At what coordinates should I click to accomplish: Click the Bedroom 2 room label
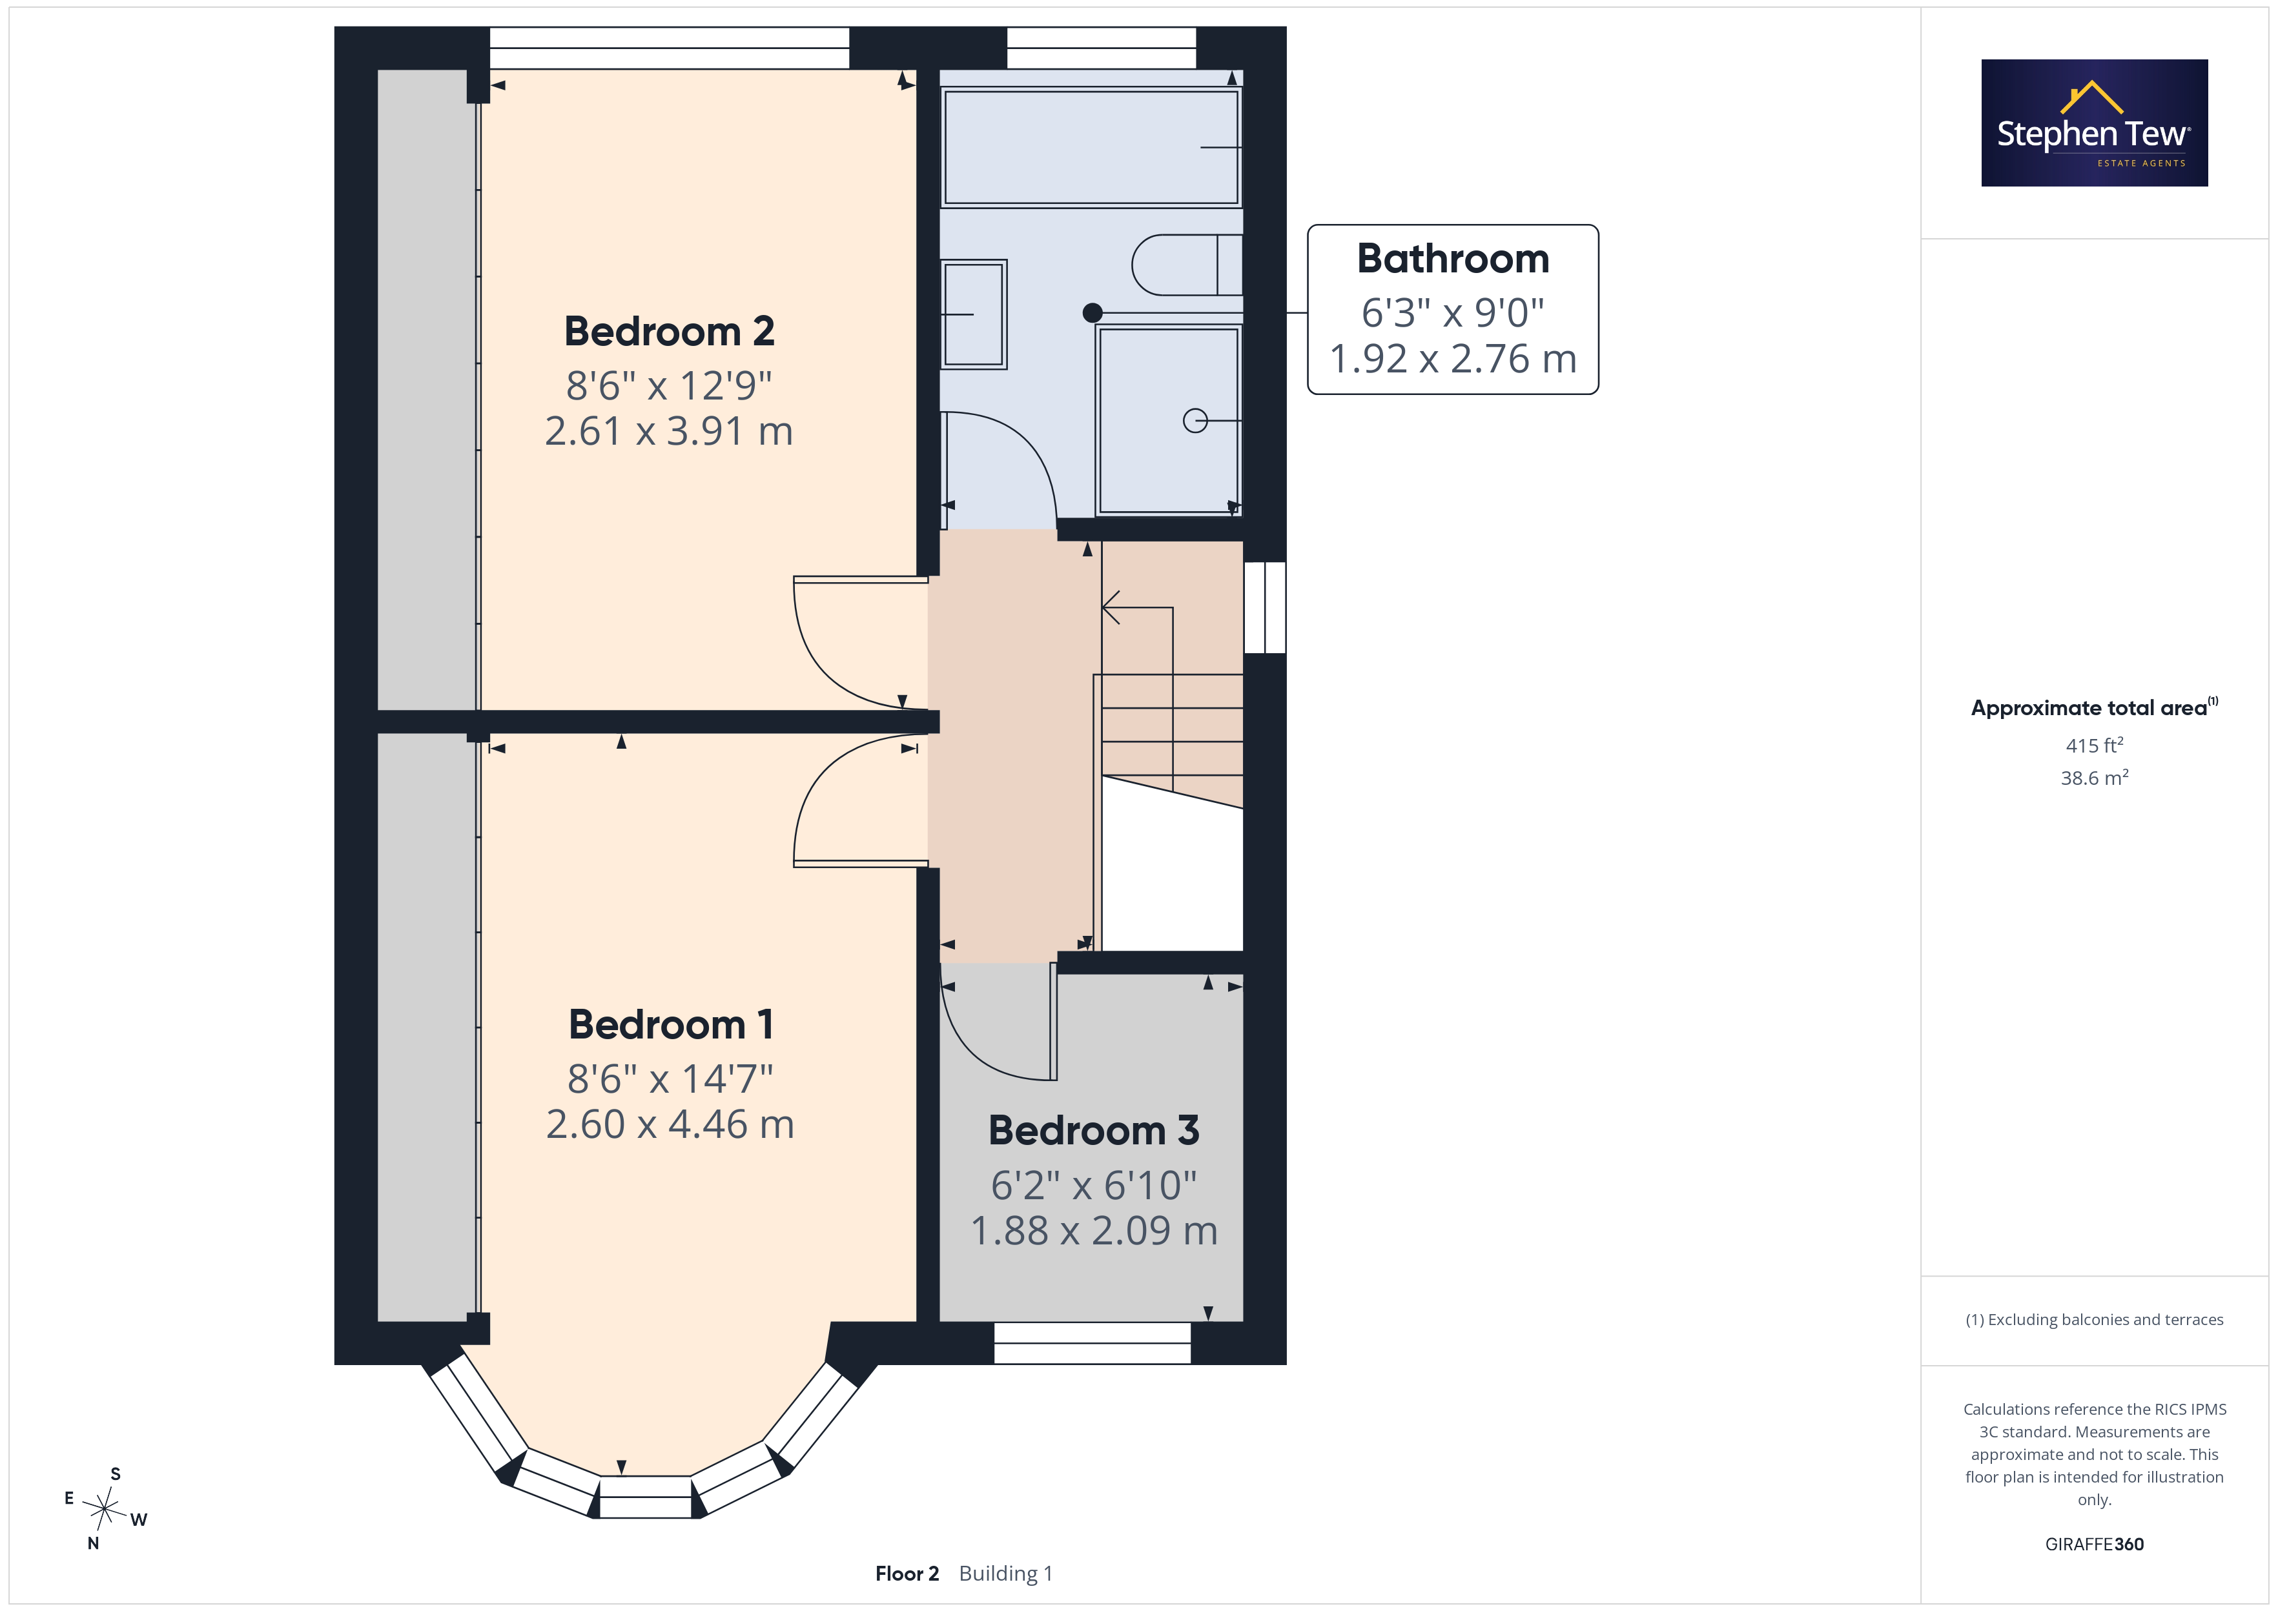pyautogui.click(x=669, y=331)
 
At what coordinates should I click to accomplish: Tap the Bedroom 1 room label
pyautogui.click(x=671, y=1025)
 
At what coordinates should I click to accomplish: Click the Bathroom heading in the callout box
pyautogui.click(x=1453, y=259)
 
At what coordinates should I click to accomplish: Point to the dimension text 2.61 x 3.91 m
pyautogui.click(x=669, y=432)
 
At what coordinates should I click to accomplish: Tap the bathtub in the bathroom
pyautogui.click(x=1091, y=147)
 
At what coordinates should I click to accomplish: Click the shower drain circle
pyautogui.click(x=1195, y=421)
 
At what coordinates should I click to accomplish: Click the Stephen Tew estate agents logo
pyautogui.click(x=2095, y=123)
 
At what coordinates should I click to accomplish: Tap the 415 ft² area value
pyautogui.click(x=2095, y=745)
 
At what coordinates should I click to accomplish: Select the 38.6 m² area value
pyautogui.click(x=2095, y=778)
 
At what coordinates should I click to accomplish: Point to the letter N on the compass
pyautogui.click(x=93, y=1543)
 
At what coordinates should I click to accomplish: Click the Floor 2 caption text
pyautogui.click(x=907, y=1574)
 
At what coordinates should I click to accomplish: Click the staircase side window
pyautogui.click(x=1265, y=607)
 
